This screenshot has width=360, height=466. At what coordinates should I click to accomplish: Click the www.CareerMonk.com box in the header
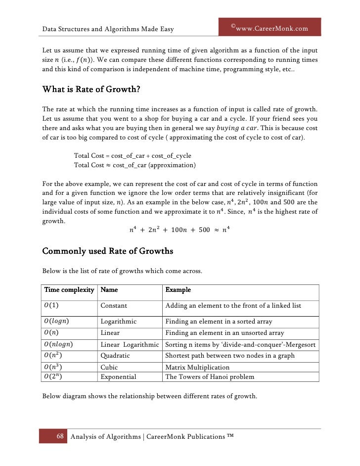270,28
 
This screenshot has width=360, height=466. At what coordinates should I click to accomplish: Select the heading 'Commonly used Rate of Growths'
108,251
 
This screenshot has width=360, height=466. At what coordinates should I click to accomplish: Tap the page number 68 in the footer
60,436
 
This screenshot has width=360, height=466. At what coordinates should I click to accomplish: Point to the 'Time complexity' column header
69,290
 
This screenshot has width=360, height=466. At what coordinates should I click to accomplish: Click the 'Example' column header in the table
178,290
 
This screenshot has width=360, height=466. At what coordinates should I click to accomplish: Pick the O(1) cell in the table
52,306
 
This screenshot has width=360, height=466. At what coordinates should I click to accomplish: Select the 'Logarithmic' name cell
119,321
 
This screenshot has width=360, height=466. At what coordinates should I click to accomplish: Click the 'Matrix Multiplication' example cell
197,368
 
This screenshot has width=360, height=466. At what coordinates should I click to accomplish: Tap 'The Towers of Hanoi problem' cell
210,377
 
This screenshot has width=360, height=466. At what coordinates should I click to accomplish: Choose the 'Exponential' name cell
118,377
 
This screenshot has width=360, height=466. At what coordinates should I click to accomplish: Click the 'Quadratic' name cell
115,356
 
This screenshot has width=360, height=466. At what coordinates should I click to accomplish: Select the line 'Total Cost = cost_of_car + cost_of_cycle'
132,156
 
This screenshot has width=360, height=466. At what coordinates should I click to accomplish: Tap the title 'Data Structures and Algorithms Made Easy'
108,29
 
